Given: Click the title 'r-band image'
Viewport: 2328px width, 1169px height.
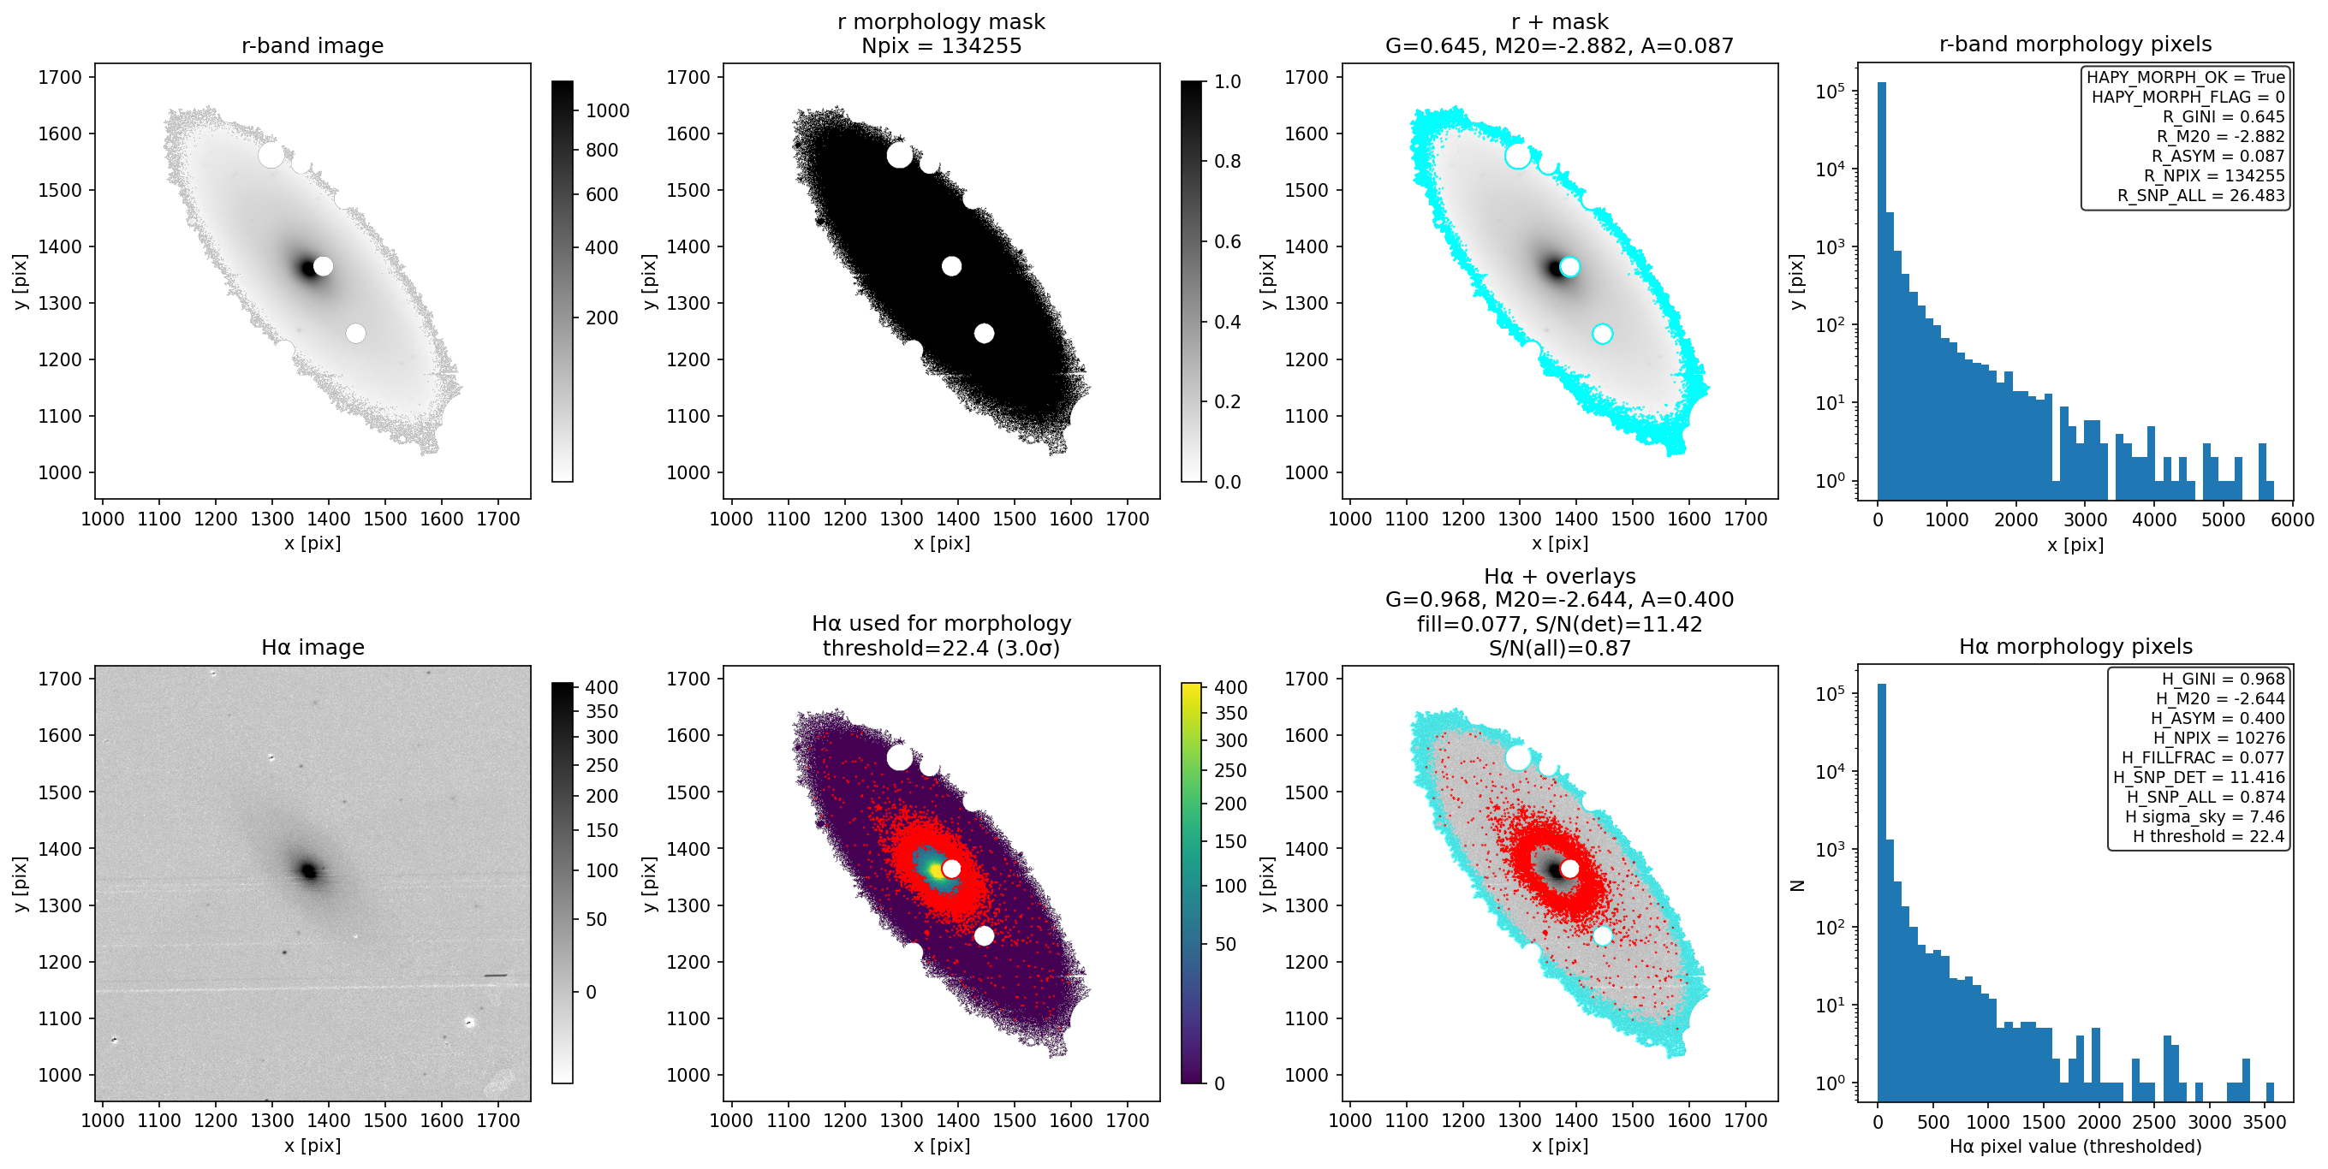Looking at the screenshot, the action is coord(312,45).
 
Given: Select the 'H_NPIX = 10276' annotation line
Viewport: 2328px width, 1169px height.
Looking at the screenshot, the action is coord(2218,737).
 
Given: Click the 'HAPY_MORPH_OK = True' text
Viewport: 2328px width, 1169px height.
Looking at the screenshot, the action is coord(2185,77).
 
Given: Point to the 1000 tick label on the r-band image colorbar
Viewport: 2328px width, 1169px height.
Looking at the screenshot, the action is coord(607,110).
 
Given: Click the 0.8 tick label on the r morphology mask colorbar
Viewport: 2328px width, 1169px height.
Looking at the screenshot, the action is coord(1227,161).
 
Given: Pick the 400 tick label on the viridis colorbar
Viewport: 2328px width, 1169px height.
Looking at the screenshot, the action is coord(1230,686).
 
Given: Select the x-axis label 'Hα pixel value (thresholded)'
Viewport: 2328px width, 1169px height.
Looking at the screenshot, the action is coord(2075,1147).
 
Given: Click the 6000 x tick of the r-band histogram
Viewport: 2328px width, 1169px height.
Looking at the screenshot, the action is coord(2292,519).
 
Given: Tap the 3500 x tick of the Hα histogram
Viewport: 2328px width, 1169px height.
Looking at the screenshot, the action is coord(2265,1122).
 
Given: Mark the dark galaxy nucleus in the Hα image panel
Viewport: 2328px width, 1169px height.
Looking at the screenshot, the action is coord(309,871).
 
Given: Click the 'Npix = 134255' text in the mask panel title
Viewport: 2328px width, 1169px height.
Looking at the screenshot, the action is coord(941,45).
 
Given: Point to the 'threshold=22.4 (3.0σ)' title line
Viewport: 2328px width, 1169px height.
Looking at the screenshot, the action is coord(941,648).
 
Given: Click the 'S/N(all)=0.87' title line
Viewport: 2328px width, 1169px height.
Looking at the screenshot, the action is coord(1559,648).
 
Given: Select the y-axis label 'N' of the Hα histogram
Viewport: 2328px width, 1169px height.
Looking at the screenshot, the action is coord(1796,886).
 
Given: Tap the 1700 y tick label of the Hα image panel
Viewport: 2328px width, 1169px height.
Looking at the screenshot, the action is coord(60,679).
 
